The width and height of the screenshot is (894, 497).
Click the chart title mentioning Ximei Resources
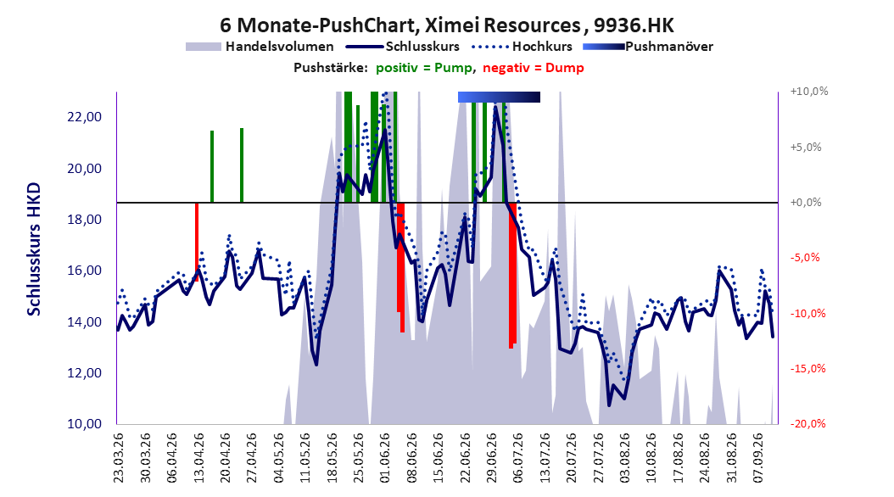point(447,25)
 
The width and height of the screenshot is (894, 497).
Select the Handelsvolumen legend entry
point(260,47)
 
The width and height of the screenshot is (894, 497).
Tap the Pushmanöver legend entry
point(648,47)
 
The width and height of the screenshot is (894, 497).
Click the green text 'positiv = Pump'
point(423,68)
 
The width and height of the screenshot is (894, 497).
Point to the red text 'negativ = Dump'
point(534,68)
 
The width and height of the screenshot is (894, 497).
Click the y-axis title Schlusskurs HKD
point(34,249)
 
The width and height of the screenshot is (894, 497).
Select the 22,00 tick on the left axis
point(84,117)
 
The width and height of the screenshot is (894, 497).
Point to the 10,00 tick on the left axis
point(84,424)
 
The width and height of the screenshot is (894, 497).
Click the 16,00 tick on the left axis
point(84,271)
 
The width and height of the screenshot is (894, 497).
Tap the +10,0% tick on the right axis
point(809,92)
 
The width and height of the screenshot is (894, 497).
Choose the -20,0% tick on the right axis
point(807,423)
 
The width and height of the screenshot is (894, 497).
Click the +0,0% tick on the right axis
point(806,203)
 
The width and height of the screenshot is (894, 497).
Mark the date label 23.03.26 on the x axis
point(119,458)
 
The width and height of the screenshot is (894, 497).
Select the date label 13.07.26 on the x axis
point(545,458)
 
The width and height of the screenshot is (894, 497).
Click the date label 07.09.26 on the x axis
point(758,458)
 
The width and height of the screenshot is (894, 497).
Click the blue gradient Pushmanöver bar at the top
point(499,97)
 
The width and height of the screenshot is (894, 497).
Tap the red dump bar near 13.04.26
point(197,242)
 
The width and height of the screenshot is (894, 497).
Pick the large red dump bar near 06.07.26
point(512,276)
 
